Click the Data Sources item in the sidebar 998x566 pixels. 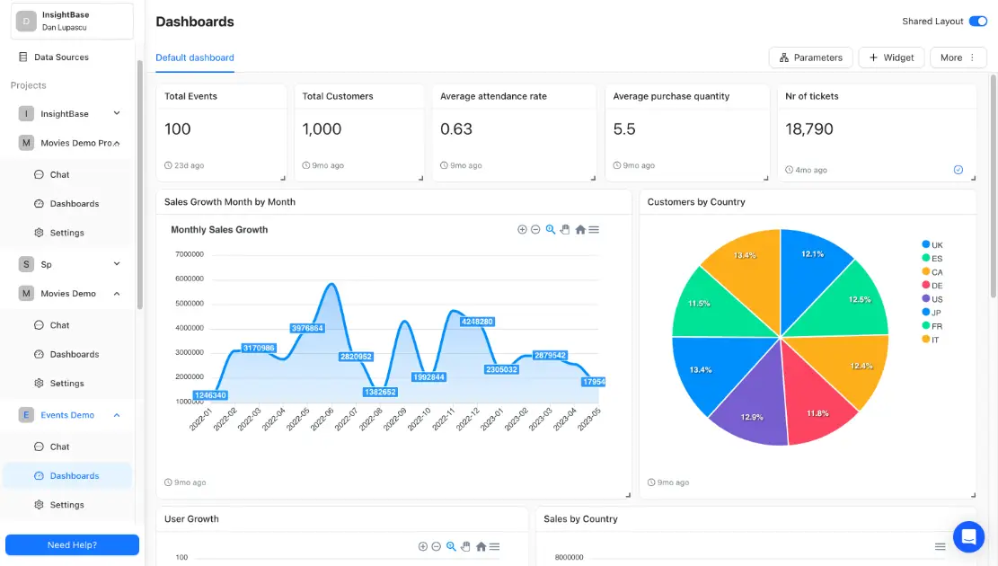click(x=60, y=57)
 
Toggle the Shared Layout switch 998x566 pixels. click(x=977, y=22)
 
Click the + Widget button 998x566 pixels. click(x=891, y=57)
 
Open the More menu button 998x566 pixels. click(x=958, y=57)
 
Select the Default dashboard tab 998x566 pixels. click(x=195, y=57)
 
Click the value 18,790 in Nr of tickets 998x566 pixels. click(x=809, y=129)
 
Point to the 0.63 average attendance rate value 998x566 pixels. click(x=456, y=129)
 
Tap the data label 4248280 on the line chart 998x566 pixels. click(x=477, y=322)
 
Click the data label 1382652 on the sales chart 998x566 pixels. click(x=380, y=392)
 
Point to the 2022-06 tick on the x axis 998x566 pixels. click(x=323, y=420)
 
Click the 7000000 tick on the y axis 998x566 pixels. click(x=189, y=254)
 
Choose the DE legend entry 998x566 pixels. click(x=936, y=286)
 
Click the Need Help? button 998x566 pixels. click(x=72, y=544)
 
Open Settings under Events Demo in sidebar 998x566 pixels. click(x=66, y=505)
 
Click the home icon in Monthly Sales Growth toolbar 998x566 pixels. click(x=580, y=230)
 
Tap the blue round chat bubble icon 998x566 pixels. click(x=968, y=537)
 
